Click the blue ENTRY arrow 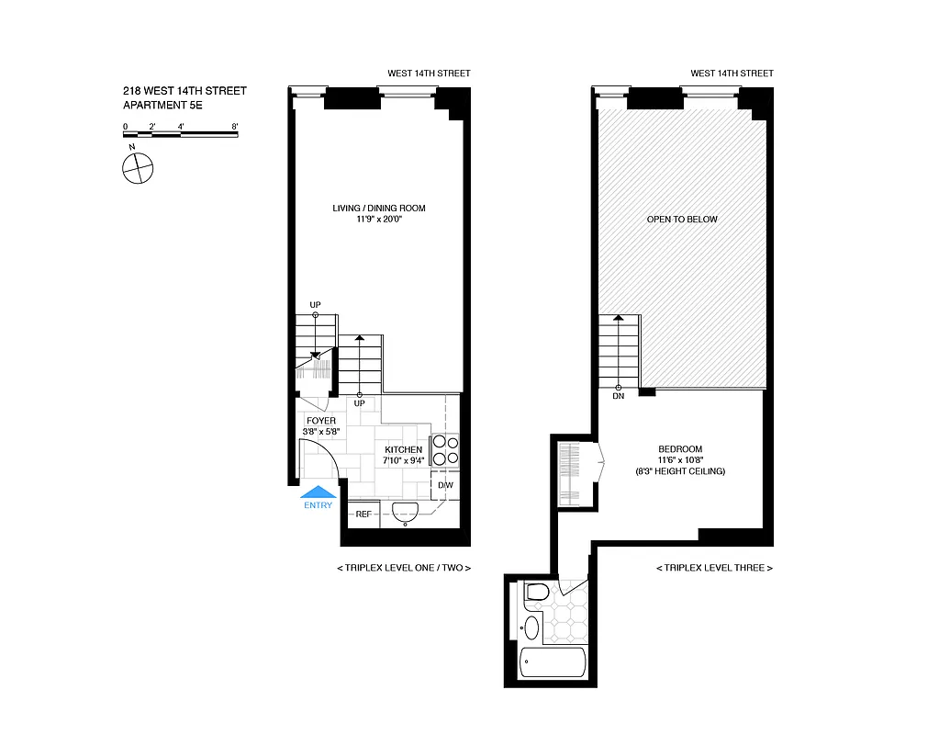[319, 494]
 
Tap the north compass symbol [137, 168]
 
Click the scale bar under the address [181, 135]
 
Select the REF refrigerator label [363, 514]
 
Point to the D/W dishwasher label [444, 485]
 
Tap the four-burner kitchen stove [445, 450]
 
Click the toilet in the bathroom [535, 594]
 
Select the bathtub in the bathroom [552, 663]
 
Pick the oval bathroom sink [531, 629]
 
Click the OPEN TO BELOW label [682, 220]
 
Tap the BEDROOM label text [679, 448]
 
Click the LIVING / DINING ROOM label [379, 209]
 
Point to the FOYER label [321, 421]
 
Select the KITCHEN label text [404, 449]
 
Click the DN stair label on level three [618, 397]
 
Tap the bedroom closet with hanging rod [569, 472]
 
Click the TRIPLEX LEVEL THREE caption [714, 568]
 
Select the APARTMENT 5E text [162, 106]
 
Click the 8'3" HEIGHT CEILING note [679, 471]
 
